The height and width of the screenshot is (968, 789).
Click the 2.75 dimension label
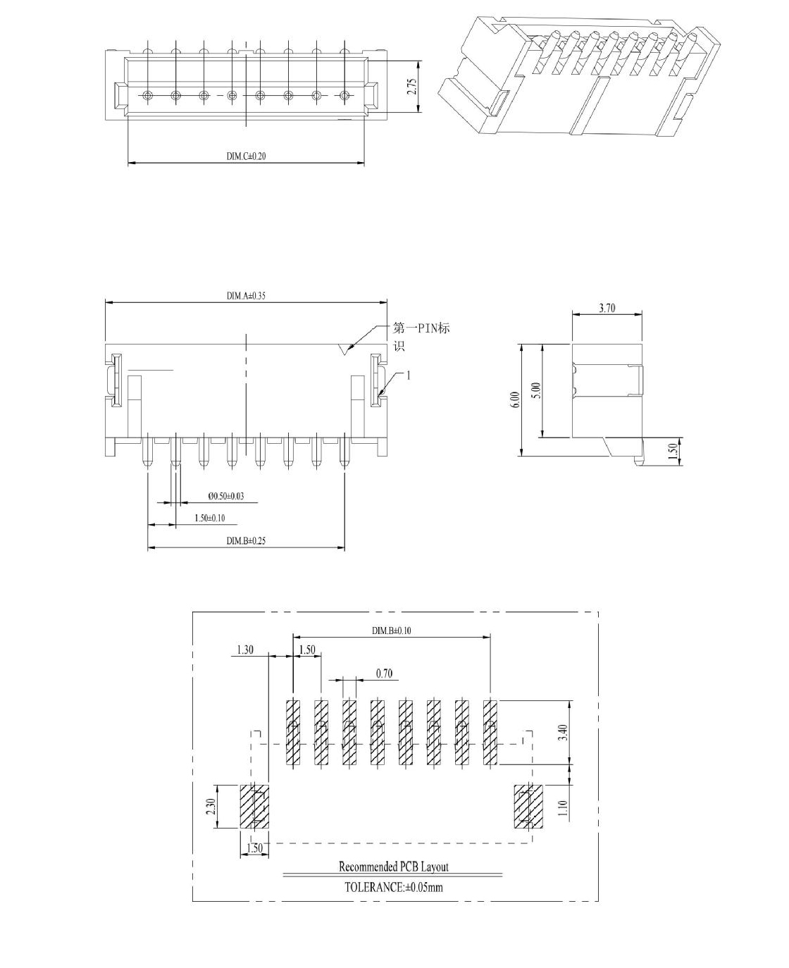(x=412, y=86)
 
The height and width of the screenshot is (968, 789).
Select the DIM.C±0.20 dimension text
(x=247, y=156)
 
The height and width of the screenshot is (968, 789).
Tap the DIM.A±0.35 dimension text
(x=247, y=296)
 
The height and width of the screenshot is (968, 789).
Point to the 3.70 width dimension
(x=607, y=308)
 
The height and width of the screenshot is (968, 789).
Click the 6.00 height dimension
(x=516, y=400)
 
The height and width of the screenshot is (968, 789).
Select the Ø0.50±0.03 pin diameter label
(x=226, y=496)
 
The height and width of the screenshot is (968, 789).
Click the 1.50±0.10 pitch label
(x=209, y=518)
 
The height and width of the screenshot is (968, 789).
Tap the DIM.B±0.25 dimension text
(x=247, y=541)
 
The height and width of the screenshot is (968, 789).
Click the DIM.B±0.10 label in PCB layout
(x=391, y=631)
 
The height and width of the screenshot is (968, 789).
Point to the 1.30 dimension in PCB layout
(x=245, y=650)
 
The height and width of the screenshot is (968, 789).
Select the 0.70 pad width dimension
(x=384, y=674)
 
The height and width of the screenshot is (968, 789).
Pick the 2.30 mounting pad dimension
(x=211, y=807)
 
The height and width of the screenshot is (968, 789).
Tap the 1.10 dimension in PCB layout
(x=563, y=809)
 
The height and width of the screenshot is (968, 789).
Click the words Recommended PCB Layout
(x=394, y=867)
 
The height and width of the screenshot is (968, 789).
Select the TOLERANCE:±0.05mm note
(x=394, y=887)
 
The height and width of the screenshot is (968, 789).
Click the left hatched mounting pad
(x=254, y=807)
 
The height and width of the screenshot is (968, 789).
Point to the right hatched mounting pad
(x=528, y=807)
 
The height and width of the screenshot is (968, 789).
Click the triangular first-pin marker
(x=345, y=349)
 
